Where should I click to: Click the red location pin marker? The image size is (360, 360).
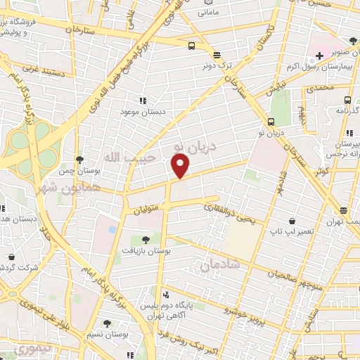(x=181, y=166)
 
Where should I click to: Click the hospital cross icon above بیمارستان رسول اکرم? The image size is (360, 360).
(x=319, y=55)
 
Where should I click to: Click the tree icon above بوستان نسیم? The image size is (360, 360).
(x=107, y=323)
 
